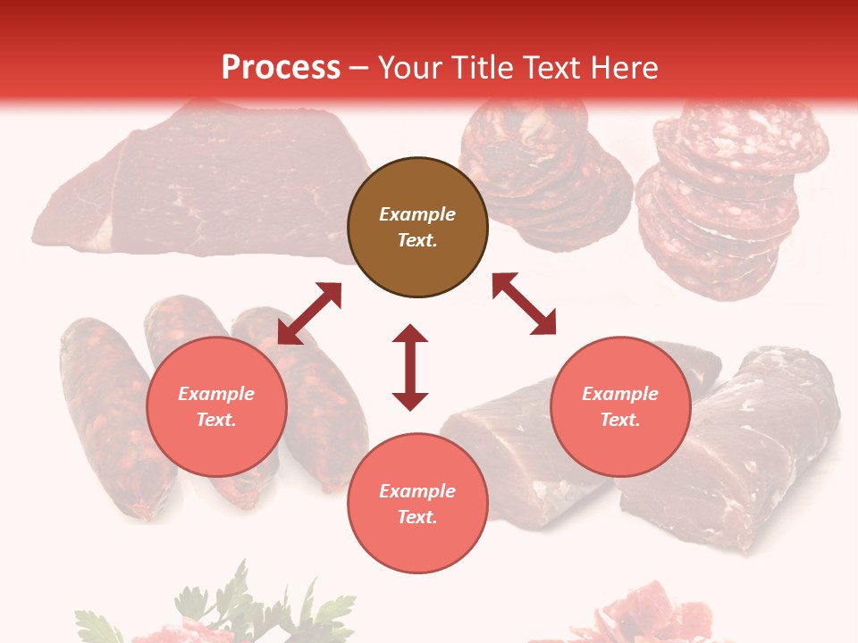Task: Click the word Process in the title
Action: pos(281,68)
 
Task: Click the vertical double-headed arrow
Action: pos(410,368)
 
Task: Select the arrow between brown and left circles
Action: pos(309,313)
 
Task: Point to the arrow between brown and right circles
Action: pos(524,304)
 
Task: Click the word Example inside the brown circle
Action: pos(417,214)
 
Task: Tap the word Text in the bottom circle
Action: pos(416,517)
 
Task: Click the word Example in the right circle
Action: pos(620,394)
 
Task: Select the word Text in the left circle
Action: pos(215,420)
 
